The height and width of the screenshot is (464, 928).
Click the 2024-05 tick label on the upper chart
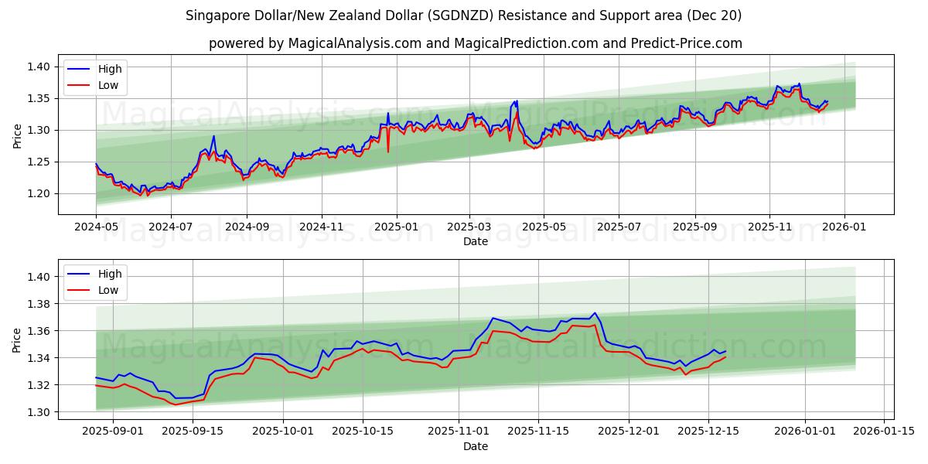[96, 227]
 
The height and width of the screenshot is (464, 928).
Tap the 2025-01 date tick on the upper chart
[396, 227]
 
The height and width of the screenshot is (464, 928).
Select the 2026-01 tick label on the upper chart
[844, 227]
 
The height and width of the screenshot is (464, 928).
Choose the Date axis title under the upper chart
[475, 241]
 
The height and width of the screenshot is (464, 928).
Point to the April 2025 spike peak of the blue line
[517, 101]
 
